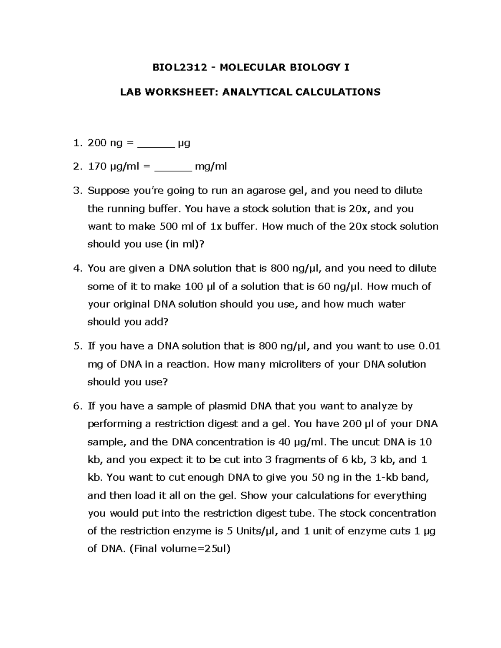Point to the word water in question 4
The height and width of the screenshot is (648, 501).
[391, 304]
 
